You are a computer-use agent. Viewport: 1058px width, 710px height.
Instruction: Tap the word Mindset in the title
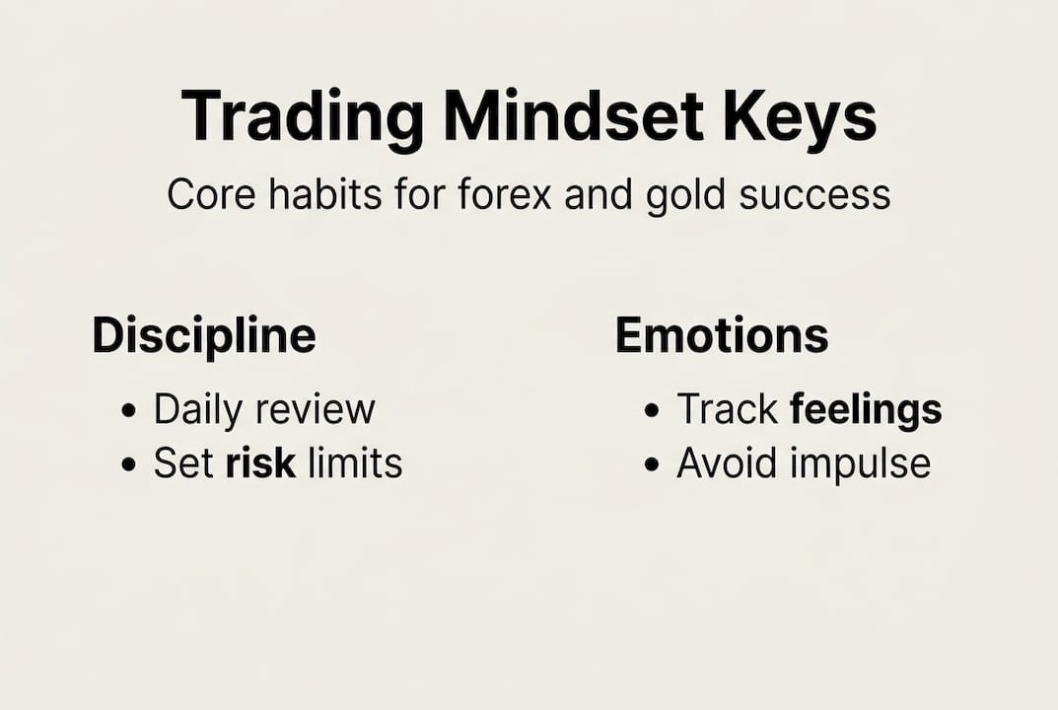click(573, 117)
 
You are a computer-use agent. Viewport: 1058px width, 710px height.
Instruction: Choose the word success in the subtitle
click(820, 195)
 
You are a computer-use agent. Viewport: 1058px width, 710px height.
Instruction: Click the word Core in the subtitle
click(204, 195)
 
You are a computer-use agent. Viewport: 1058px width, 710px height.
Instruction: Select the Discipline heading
click(204, 335)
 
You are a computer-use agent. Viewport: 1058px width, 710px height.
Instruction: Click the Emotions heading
click(722, 335)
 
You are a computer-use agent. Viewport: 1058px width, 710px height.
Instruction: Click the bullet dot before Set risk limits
click(129, 464)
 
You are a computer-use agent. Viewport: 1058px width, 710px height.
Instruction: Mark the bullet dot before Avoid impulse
click(651, 464)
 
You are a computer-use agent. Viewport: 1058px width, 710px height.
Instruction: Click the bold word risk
click(260, 462)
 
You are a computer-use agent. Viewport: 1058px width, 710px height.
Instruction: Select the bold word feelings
click(866, 410)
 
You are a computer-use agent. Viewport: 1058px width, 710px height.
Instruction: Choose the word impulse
click(867, 463)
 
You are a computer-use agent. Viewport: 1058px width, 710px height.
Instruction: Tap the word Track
click(728, 410)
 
